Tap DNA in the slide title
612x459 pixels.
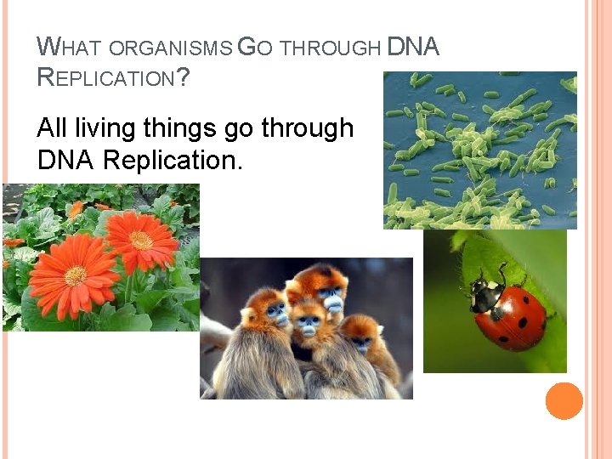pyautogui.click(x=413, y=48)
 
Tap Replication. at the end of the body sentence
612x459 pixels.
pyautogui.click(x=173, y=159)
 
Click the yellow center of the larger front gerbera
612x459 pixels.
pyautogui.click(x=76, y=275)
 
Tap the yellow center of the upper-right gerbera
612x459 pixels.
pyautogui.click(x=141, y=240)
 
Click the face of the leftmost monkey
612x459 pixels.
pyautogui.click(x=277, y=315)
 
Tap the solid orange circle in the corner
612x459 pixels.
pyautogui.click(x=564, y=401)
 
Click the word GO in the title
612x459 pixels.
pyautogui.click(x=255, y=48)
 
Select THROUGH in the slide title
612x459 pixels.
pyautogui.click(x=330, y=49)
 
